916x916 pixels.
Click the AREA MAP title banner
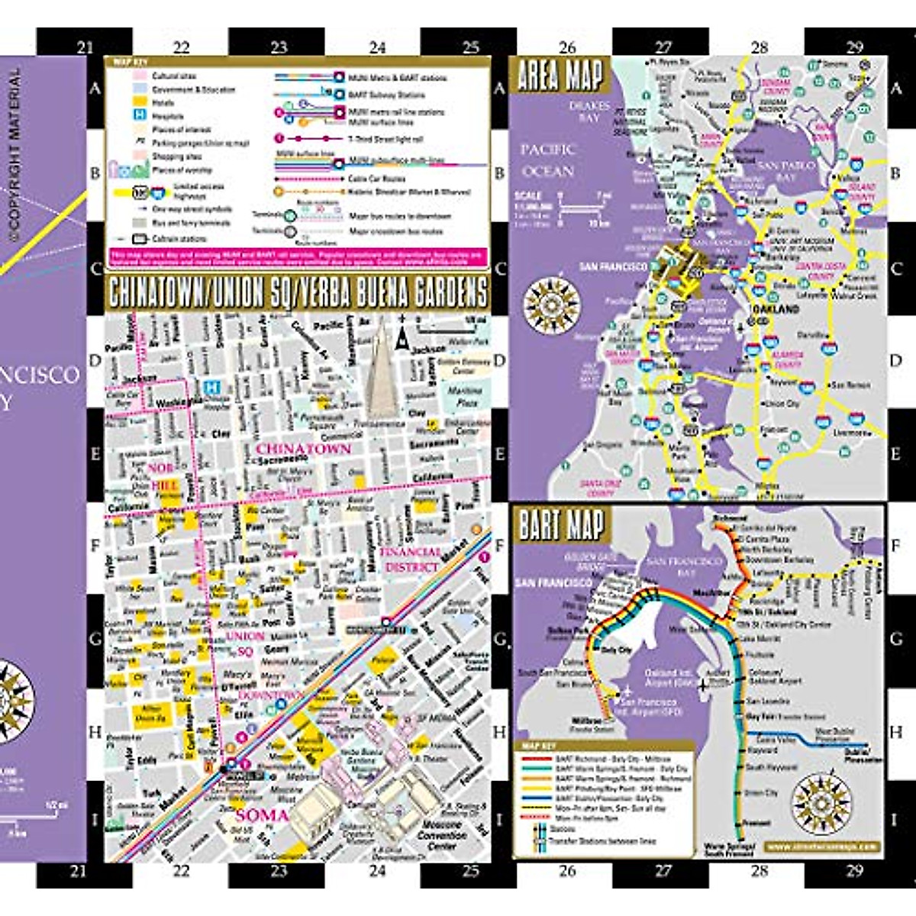(561, 76)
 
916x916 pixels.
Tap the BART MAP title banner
(562, 525)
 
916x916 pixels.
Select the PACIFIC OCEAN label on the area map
(547, 160)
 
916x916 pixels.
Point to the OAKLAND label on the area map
(776, 309)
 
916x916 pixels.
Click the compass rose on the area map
(552, 302)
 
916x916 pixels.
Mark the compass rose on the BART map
(821, 805)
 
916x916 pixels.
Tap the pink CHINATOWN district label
(303, 449)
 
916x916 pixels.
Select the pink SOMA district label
(261, 815)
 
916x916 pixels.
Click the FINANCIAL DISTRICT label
(411, 560)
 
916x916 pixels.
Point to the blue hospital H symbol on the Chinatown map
(215, 389)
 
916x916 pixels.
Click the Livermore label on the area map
(849, 433)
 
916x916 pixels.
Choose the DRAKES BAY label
(589, 111)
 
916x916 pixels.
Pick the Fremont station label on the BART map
(757, 823)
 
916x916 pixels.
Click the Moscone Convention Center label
(441, 835)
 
